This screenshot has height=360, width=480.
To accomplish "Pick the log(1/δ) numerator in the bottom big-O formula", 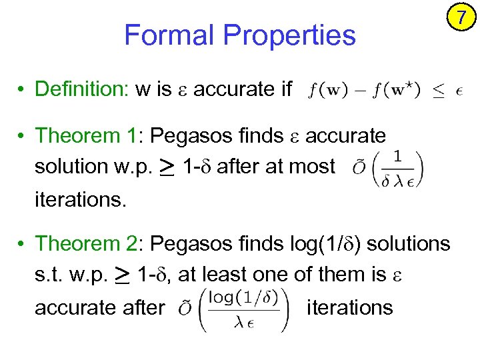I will pos(244,296).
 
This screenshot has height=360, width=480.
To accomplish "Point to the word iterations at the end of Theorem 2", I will pos(349,307).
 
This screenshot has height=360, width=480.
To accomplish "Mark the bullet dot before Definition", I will pos(22,89).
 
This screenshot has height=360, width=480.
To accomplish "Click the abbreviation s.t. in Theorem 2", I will pos(48,275).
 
